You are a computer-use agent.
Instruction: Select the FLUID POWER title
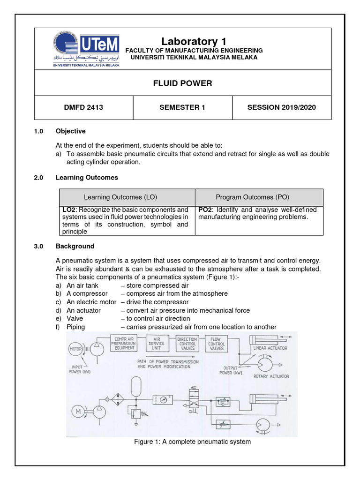[183, 83]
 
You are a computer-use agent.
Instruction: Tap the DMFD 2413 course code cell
[83, 107]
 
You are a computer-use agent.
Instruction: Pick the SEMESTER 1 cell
[183, 107]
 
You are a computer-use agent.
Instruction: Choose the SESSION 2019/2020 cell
[281, 107]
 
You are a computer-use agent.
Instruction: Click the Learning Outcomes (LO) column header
[127, 197]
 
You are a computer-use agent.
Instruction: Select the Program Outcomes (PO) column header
[259, 197]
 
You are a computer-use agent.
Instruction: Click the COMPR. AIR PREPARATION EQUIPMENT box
[123, 344]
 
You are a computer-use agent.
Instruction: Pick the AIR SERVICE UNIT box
[156, 344]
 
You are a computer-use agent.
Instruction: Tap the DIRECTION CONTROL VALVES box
[187, 344]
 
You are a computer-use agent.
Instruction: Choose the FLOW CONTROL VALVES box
[216, 344]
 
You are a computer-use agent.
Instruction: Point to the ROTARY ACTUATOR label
[271, 376]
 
